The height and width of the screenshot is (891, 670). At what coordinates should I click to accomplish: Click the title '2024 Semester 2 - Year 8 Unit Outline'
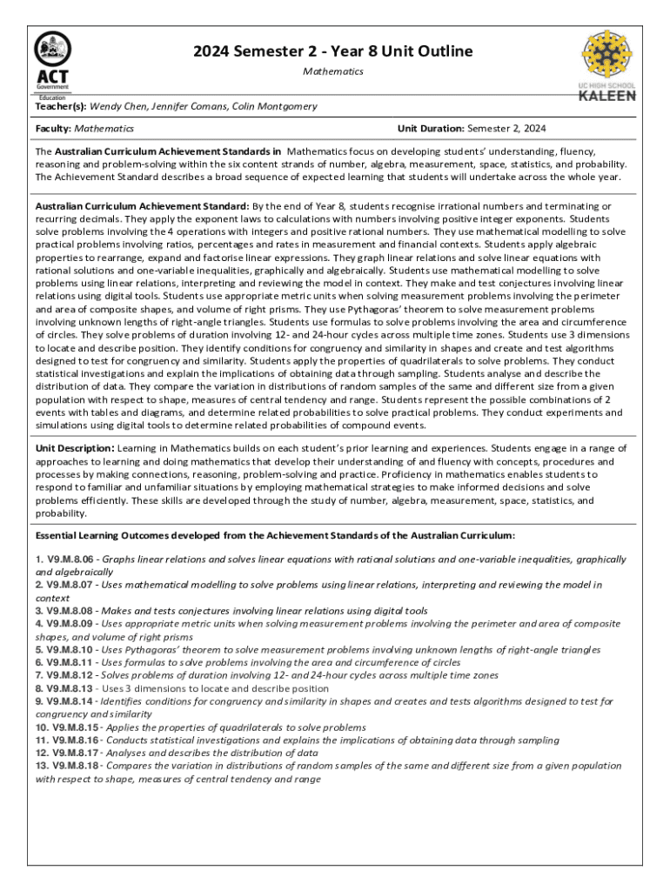tap(333, 51)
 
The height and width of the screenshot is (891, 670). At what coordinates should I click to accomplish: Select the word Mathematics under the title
tap(333, 71)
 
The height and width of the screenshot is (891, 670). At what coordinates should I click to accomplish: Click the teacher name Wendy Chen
tap(121, 106)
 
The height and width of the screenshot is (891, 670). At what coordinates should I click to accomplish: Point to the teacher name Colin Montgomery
tap(276, 106)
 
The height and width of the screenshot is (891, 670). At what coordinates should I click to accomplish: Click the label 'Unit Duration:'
tap(431, 129)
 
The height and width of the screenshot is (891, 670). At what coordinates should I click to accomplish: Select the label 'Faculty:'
tap(53, 129)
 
